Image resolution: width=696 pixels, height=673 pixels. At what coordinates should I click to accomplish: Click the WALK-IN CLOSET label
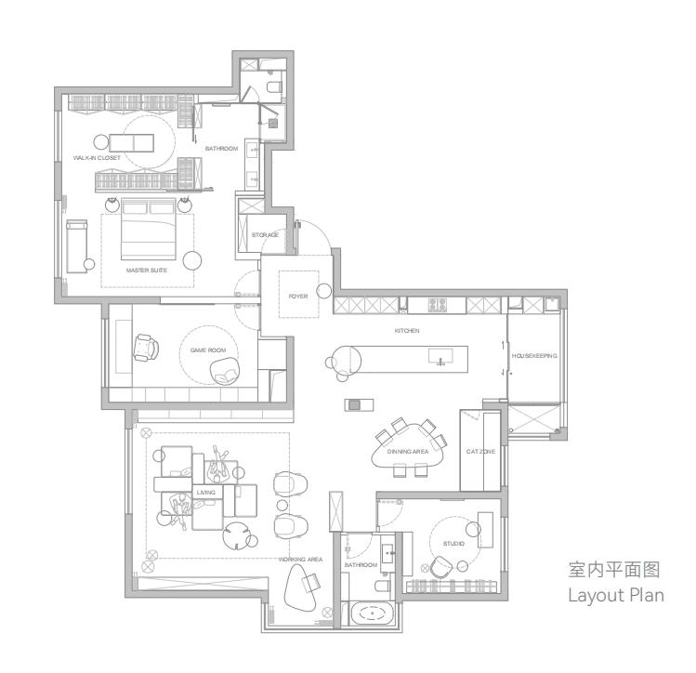pos(97,158)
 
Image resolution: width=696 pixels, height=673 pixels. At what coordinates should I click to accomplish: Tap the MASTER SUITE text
pos(147,270)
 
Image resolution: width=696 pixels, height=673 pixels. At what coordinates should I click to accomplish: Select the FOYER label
pos(298,297)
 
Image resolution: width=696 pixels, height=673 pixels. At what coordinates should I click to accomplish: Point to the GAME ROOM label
pos(208,350)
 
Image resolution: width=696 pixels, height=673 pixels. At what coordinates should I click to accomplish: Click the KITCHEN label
pos(407,331)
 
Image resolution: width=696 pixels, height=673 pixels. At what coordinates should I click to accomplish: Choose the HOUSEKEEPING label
pos(534,356)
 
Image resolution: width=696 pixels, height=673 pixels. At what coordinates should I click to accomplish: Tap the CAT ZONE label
pos(480,452)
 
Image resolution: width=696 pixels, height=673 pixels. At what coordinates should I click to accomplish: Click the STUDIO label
pos(453,544)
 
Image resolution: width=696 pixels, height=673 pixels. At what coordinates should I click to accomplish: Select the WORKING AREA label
pos(300,560)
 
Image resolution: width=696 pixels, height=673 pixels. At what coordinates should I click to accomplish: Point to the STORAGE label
pos(265,235)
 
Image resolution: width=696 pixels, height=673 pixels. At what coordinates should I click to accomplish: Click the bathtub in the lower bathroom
pos(372,614)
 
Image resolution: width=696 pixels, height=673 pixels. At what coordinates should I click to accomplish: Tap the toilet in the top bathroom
pos(274,87)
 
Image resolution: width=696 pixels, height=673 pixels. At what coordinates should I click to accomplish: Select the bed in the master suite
pos(149,229)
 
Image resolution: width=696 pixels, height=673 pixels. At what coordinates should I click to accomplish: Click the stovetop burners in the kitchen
pos(438,305)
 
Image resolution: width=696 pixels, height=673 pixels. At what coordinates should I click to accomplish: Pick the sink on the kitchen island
pos(440,356)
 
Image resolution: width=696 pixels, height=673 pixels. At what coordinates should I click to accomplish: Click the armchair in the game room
pos(146,348)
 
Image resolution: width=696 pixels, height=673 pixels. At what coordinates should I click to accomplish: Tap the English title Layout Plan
pos(616,596)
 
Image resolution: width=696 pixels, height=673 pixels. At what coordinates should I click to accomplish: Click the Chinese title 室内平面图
pos(614,570)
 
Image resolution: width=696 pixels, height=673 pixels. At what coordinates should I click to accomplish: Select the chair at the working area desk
pos(312,582)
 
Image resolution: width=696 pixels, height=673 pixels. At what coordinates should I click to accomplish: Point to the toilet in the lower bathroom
pos(382,586)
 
